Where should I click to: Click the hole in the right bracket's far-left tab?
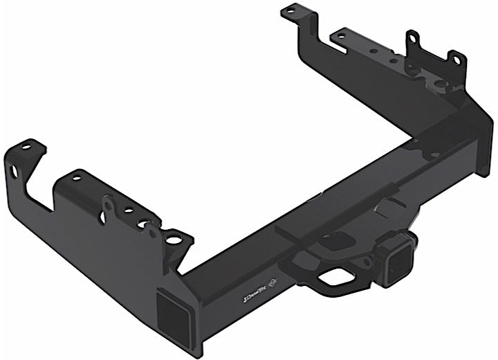coord(290,11)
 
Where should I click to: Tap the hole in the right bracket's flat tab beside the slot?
coord(340,33)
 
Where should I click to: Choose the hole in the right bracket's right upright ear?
coord(456,60)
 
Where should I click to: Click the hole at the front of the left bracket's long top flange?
coord(76,178)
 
